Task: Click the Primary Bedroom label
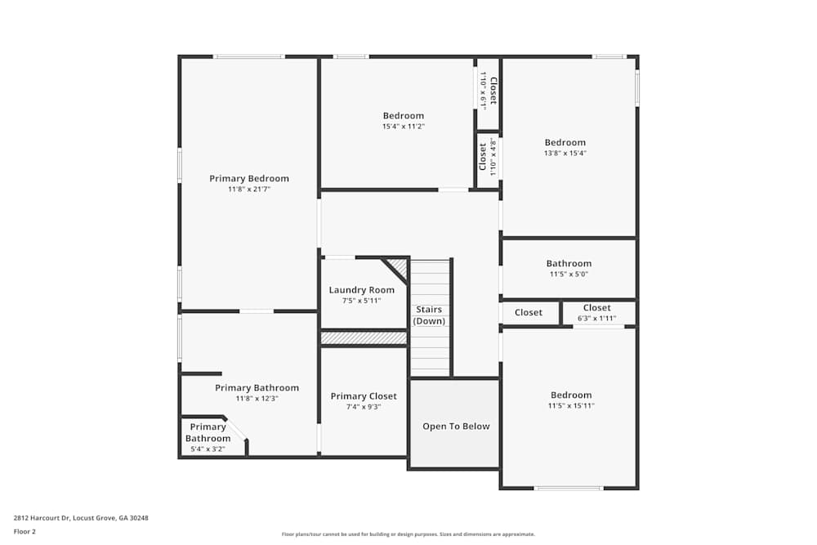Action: point(249,178)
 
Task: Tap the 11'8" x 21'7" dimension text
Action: point(249,190)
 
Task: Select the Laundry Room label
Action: point(362,290)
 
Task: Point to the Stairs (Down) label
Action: point(429,315)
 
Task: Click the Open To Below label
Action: point(456,427)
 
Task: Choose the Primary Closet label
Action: point(364,396)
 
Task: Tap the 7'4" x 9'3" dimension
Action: point(364,407)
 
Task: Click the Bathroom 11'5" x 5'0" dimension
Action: point(569,275)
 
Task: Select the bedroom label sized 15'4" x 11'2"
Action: point(404,116)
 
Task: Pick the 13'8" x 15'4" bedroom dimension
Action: point(565,154)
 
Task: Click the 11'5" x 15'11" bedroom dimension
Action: point(570,406)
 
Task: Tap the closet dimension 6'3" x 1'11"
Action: point(596,319)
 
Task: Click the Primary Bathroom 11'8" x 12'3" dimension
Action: point(257,399)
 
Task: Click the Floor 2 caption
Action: point(25,531)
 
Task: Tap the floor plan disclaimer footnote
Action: point(408,534)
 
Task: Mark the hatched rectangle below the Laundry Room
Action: point(364,338)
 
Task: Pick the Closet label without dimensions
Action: point(529,313)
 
